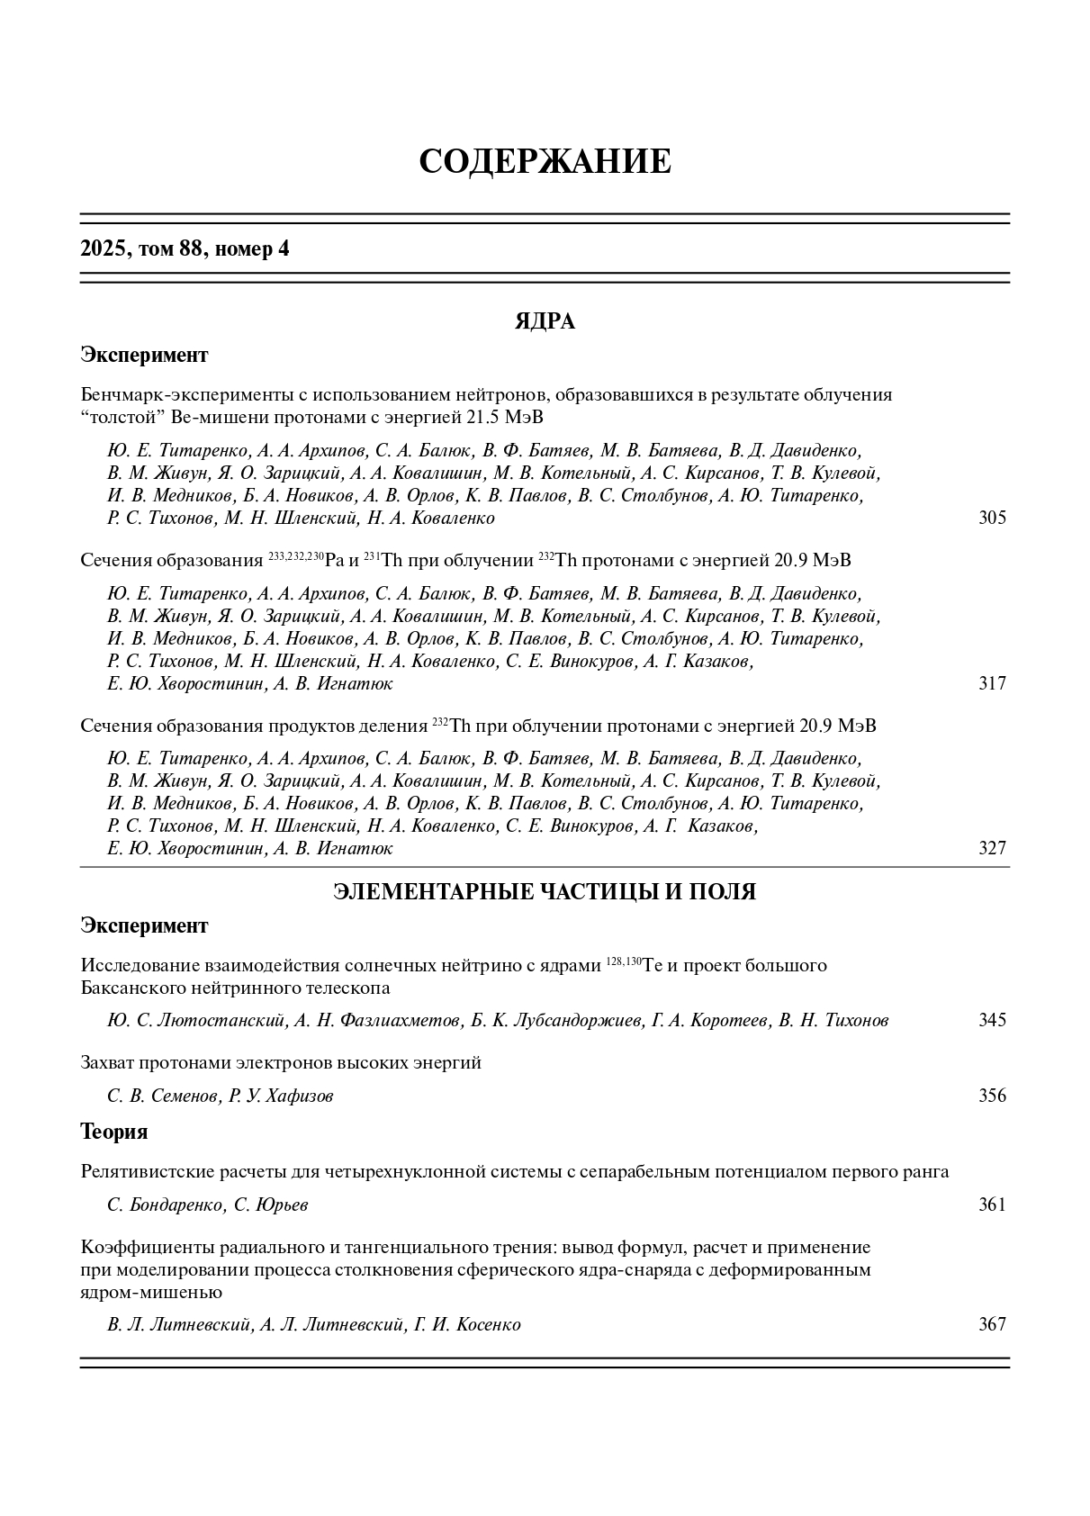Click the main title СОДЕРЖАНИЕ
pos(545,162)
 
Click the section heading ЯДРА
pos(545,321)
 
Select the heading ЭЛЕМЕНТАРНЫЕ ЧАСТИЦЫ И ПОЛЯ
pos(545,892)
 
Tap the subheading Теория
pos(114,1132)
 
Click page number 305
pos(992,519)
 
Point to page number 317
pos(992,684)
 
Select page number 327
pos(992,849)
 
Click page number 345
pos(992,1021)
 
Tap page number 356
pos(992,1096)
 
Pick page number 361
pos(992,1205)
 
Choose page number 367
pos(992,1325)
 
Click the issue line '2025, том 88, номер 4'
pos(185,249)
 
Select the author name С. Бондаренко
pos(166,1205)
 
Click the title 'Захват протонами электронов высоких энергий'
pos(281,1063)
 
